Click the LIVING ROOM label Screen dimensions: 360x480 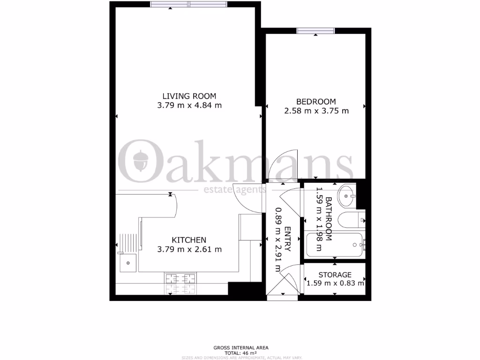pyautogui.click(x=189, y=97)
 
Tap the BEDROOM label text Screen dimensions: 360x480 pyautogui.click(x=316, y=102)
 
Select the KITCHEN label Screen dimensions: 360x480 pyautogui.click(x=189, y=240)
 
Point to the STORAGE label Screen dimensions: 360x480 pyautogui.click(x=335, y=275)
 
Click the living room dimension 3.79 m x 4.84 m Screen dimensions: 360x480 pyautogui.click(x=189, y=105)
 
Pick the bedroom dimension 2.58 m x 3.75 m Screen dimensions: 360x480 pyautogui.click(x=316, y=111)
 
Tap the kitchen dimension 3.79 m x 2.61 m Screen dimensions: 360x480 pyautogui.click(x=189, y=249)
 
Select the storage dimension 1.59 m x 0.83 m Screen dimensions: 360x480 pyautogui.click(x=335, y=283)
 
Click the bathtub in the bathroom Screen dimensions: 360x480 pyautogui.click(x=335, y=245)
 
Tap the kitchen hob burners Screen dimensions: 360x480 pyautogui.click(x=180, y=284)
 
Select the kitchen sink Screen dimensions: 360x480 pyautogui.click(x=128, y=262)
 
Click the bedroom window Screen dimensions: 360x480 pyautogui.click(x=315, y=31)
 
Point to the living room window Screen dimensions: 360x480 pyautogui.click(x=189, y=5)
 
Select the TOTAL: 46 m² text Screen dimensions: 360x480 pyautogui.click(x=240, y=352)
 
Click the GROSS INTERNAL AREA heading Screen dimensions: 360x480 pyautogui.click(x=240, y=347)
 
